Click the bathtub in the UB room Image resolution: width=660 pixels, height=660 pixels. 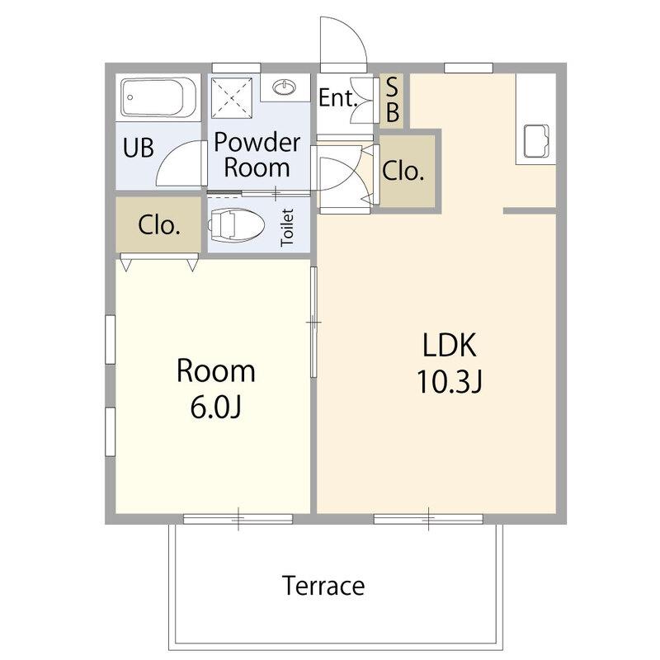point(158,98)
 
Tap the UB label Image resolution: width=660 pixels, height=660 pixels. point(138,148)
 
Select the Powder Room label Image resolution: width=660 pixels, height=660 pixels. point(257,154)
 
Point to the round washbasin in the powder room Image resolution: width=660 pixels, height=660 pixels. point(284,87)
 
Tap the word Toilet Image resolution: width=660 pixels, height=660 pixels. point(287,228)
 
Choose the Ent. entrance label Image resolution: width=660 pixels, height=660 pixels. point(338,97)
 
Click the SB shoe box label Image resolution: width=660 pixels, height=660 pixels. point(392,100)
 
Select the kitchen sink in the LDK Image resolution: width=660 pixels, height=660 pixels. point(535,141)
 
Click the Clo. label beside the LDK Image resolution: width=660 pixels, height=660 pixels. point(403,171)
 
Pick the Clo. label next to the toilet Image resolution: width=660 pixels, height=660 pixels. point(159,225)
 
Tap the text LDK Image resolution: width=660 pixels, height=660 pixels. point(449,345)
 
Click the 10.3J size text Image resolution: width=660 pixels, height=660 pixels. point(449,381)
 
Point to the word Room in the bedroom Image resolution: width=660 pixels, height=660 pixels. point(215,370)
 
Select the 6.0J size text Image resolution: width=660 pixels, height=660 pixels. point(215,407)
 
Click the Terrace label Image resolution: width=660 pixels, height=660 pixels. point(323,586)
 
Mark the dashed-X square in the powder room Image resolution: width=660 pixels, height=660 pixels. point(232,98)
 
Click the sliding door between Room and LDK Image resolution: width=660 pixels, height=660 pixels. point(313,322)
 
